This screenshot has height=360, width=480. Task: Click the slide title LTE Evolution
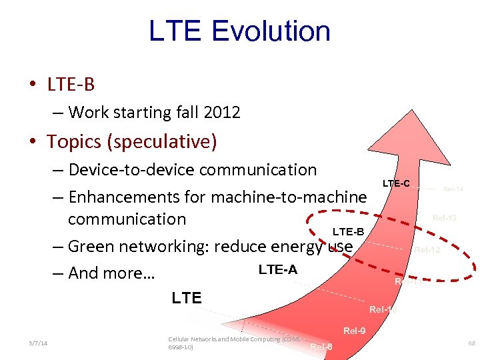tap(239, 31)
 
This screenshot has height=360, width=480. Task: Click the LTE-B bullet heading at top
tap(71, 84)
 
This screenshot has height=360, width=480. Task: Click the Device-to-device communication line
tap(192, 169)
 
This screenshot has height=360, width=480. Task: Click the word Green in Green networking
tap(92, 246)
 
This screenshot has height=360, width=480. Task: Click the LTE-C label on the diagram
tap(396, 183)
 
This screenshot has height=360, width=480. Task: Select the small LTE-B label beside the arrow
tap(348, 231)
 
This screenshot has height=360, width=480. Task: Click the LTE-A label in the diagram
tap(277, 269)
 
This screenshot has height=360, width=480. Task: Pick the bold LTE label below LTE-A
tap(187, 297)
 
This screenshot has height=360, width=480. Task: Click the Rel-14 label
tap(453, 189)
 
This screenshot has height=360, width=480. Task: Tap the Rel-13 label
tap(444, 217)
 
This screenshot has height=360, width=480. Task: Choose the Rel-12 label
tap(427, 251)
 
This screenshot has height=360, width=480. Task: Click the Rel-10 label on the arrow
tap(383, 309)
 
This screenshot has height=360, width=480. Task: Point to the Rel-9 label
tap(354, 331)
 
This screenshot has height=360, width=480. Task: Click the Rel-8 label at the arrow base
tap(321, 346)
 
